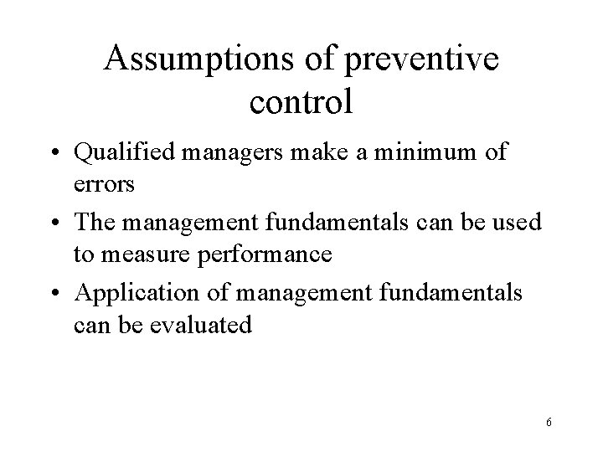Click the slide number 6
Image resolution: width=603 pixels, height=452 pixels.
pyautogui.click(x=548, y=422)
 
